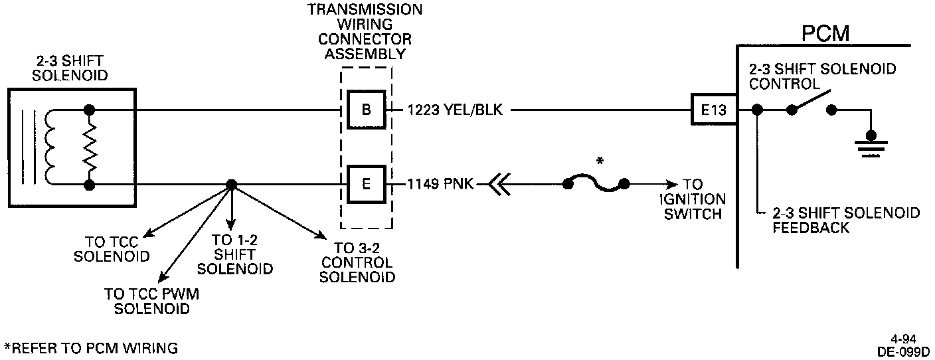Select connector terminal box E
[x=366, y=184]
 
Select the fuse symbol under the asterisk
[x=596, y=184]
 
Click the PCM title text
[x=825, y=33]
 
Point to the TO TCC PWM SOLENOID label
[x=151, y=301]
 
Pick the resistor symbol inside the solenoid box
[x=89, y=147]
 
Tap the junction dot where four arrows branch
[x=231, y=185]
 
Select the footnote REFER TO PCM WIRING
[x=91, y=347]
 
